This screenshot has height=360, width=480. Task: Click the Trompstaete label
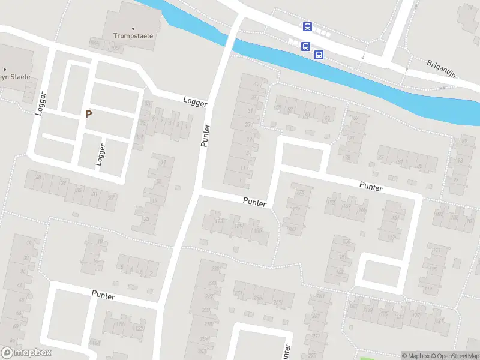(x=133, y=35)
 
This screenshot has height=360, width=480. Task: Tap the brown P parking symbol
(x=89, y=114)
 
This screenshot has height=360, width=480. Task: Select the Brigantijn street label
(x=442, y=68)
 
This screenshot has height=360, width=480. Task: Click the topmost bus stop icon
(x=307, y=26)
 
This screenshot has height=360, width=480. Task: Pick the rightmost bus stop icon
(x=319, y=55)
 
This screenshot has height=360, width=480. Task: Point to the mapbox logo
(x=26, y=353)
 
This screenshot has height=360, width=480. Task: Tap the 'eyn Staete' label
(x=14, y=77)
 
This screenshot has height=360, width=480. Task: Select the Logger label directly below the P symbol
(x=101, y=155)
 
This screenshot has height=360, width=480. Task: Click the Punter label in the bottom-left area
(x=103, y=294)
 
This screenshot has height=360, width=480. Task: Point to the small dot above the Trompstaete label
(x=133, y=28)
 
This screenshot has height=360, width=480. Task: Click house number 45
(x=257, y=83)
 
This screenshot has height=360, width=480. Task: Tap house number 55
(x=278, y=108)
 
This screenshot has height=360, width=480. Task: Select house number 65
(x=328, y=118)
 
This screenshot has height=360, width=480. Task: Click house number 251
(x=238, y=293)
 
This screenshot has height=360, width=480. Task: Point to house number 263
(x=320, y=296)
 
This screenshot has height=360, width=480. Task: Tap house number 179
(x=296, y=209)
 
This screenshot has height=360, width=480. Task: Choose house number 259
(x=277, y=302)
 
